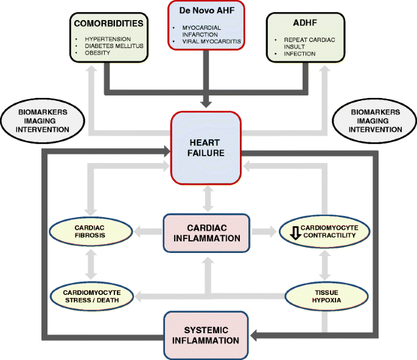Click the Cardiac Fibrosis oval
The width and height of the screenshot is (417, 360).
[x=91, y=232]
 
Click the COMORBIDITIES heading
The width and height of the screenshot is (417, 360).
[x=108, y=24]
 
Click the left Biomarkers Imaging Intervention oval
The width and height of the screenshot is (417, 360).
[x=43, y=120]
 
